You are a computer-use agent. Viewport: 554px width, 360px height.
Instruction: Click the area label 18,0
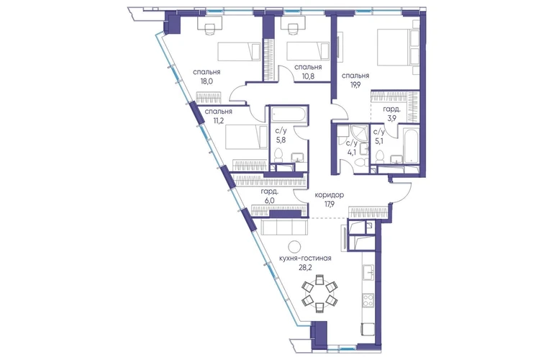pos(206,81)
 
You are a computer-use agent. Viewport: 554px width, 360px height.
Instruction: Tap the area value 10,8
pos(308,76)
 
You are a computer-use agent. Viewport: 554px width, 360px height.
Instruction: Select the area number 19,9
pos(355,85)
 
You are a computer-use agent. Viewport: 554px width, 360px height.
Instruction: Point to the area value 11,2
pos(218,120)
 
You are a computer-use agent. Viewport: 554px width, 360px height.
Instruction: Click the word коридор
pos(330,195)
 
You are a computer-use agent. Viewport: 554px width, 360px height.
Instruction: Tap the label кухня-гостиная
pos(305,258)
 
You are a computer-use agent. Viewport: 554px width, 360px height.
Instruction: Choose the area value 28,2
pos(305,267)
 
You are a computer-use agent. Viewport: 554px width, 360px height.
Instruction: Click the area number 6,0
pos(270,200)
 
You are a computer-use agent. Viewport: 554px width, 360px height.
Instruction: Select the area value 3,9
pos(392,118)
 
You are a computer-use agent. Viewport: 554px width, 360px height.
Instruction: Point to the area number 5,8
pos(281,140)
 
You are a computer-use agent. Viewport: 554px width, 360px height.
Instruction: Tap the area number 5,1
pos(378,140)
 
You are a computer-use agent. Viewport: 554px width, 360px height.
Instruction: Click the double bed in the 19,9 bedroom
pos(398,48)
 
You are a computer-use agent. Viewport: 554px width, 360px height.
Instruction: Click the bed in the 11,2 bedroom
pos(247,138)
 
